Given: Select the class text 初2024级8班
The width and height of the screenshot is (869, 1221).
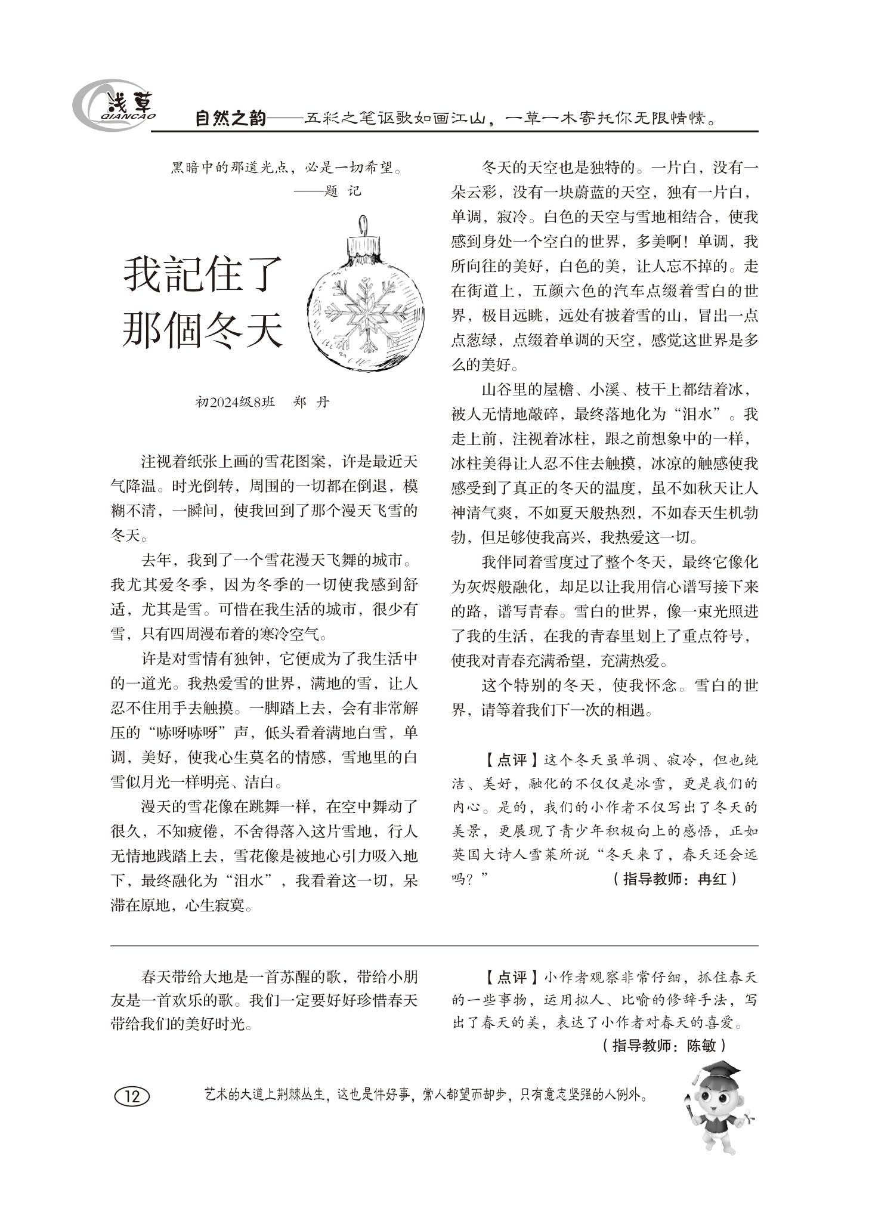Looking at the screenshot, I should click(x=235, y=401).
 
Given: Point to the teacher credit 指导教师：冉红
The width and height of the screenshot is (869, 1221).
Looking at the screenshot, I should click(x=674, y=879).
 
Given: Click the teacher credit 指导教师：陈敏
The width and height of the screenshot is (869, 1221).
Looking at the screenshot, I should click(x=663, y=1045).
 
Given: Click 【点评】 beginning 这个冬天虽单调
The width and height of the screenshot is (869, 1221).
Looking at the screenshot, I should click(x=505, y=760).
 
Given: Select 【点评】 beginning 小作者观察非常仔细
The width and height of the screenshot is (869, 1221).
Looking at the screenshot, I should click(x=505, y=977).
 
